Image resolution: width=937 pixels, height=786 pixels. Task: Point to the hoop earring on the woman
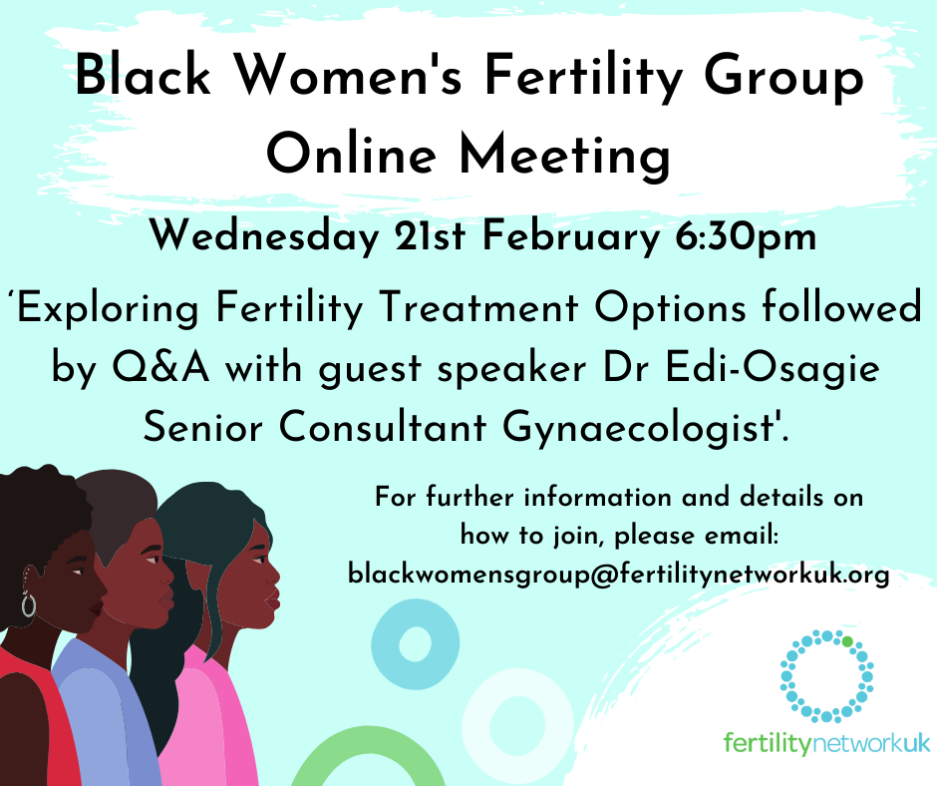[28, 604]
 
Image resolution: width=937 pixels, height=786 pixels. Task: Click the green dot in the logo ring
[848, 641]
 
